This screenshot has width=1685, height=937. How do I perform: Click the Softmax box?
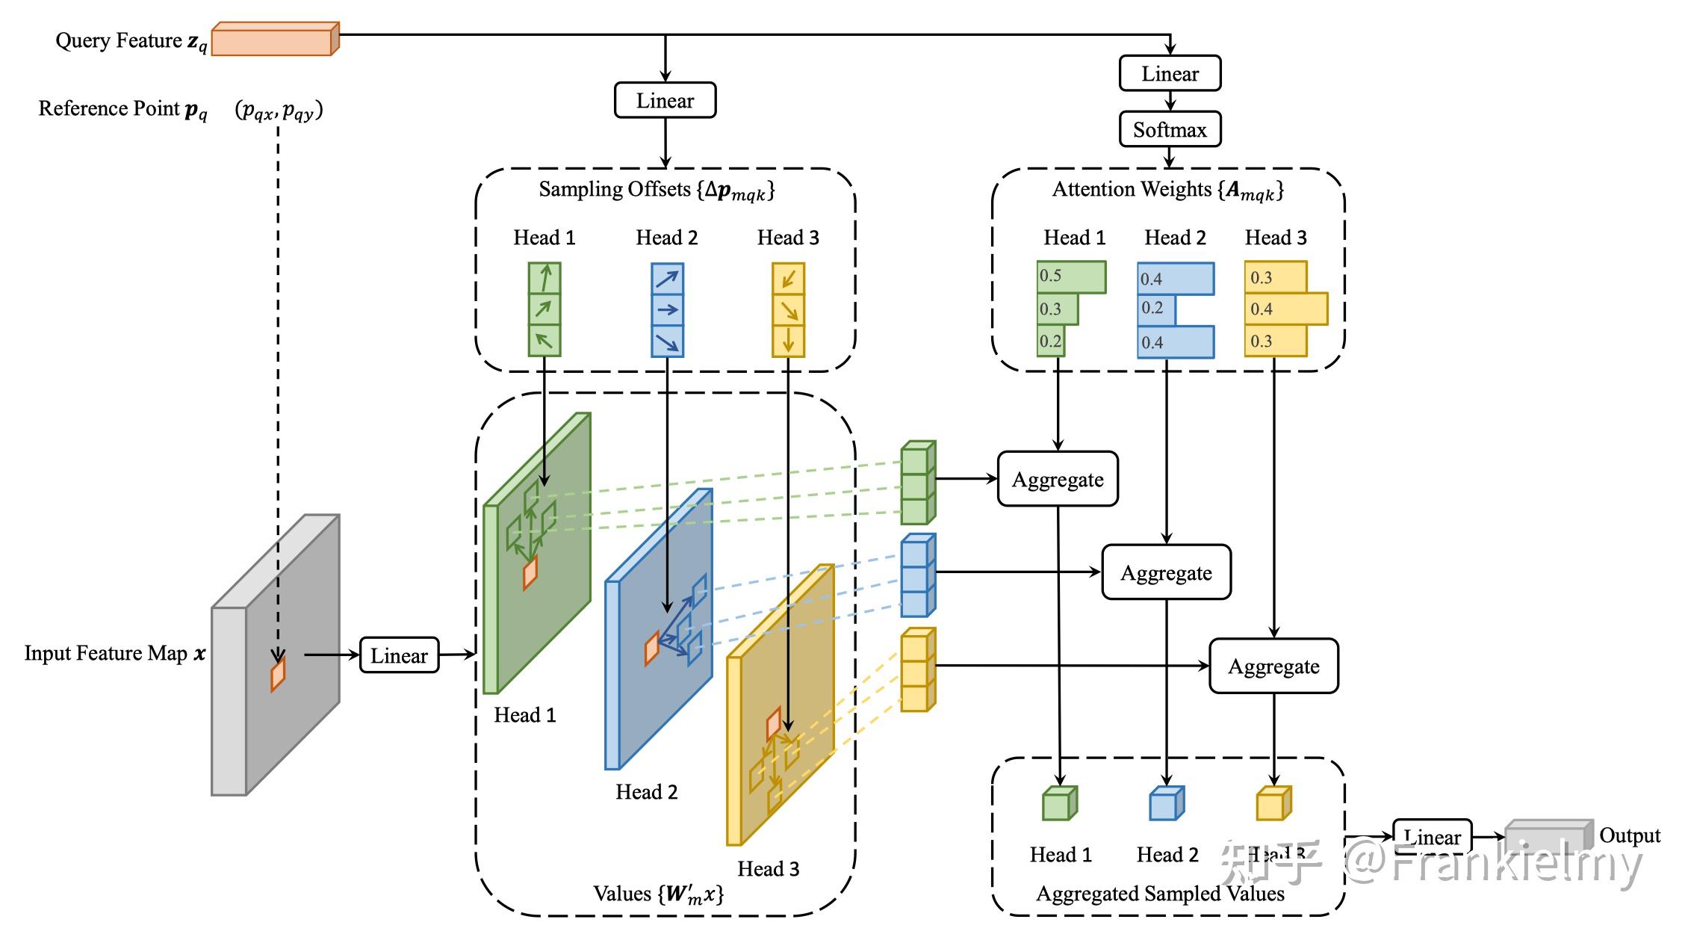click(1170, 129)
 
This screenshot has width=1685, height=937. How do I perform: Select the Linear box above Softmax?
click(1170, 73)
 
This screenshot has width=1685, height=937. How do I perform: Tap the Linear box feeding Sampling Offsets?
click(665, 100)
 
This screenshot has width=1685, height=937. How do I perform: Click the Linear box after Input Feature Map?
click(399, 655)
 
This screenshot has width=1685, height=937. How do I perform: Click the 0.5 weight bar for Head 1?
click(1071, 276)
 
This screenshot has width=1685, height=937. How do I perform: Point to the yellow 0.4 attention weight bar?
click(1285, 309)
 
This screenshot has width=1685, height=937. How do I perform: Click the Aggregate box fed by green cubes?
click(1058, 479)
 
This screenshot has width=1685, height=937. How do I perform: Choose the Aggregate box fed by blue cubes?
click(1166, 572)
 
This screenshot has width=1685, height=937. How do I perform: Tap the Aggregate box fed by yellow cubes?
click(1273, 666)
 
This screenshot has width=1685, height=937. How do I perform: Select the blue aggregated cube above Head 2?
click(1166, 804)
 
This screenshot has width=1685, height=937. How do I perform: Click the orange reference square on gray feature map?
click(278, 674)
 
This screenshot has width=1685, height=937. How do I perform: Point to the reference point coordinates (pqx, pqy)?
click(279, 110)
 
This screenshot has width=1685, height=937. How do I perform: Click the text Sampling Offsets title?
click(657, 190)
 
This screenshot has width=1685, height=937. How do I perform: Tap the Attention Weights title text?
click(1168, 190)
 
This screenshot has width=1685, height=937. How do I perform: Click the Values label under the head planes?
click(658, 894)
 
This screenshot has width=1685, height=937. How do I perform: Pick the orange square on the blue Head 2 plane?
click(652, 648)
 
